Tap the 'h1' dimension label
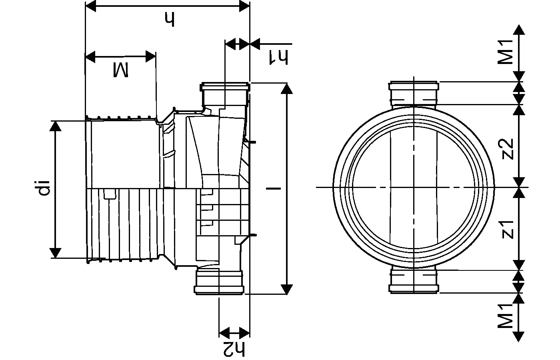(278, 57)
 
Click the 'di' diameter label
(44, 188)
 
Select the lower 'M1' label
(506, 316)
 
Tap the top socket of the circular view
(414, 94)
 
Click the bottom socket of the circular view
(414, 281)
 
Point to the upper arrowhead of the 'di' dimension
(56, 126)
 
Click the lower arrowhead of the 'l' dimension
(286, 289)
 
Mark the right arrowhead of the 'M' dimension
(150, 57)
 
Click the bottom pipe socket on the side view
(219, 282)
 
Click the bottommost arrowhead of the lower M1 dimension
(519, 337)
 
